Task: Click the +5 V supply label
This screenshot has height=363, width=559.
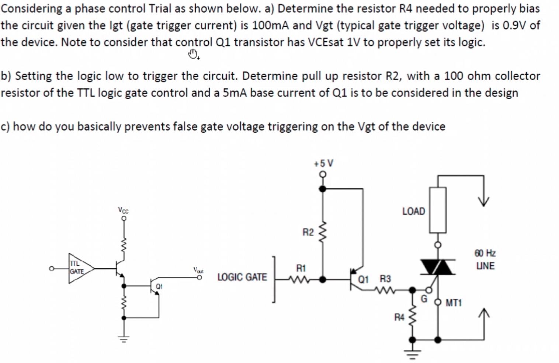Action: pyautogui.click(x=323, y=163)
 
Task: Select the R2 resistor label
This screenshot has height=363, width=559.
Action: pyautogui.click(x=308, y=232)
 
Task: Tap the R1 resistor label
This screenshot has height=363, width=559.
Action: pyautogui.click(x=301, y=268)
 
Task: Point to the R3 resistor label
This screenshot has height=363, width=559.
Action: pyautogui.click(x=385, y=279)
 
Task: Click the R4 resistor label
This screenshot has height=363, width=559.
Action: pyautogui.click(x=399, y=317)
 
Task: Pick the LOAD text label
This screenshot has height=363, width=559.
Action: pyautogui.click(x=413, y=211)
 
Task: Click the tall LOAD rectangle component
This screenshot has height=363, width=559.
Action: pyautogui.click(x=438, y=210)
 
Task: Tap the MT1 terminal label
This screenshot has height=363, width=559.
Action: pyautogui.click(x=454, y=303)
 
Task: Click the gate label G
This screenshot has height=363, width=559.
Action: pyautogui.click(x=424, y=299)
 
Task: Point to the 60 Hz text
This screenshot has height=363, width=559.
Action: pyautogui.click(x=485, y=253)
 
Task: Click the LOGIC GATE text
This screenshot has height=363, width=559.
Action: pyautogui.click(x=242, y=277)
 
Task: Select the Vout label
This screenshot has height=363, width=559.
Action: pyautogui.click(x=198, y=270)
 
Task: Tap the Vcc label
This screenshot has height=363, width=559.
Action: pyautogui.click(x=124, y=210)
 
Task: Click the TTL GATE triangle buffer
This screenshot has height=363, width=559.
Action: pyautogui.click(x=79, y=268)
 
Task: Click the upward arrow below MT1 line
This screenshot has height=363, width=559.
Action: pyautogui.click(x=484, y=314)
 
